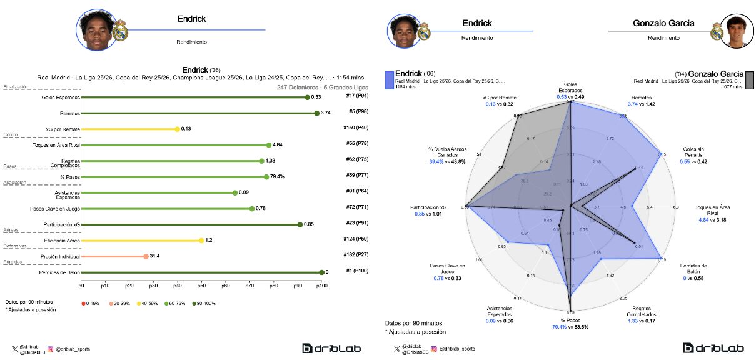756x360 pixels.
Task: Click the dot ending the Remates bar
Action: pyautogui.click(x=317, y=113)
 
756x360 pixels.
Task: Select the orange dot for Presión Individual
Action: pyautogui.click(x=146, y=256)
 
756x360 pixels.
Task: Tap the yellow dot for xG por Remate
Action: pyautogui.click(x=177, y=129)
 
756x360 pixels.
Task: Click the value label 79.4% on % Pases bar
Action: pyautogui.click(x=278, y=177)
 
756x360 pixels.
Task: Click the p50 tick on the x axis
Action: pyautogui.click(x=201, y=285)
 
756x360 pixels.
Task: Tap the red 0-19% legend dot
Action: pyautogui.click(x=84, y=304)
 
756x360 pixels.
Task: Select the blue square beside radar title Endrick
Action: pyautogui.click(x=390, y=79)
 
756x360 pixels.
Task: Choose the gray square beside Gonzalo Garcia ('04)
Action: pyautogui.click(x=749, y=80)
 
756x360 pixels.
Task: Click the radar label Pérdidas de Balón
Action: pyautogui.click(x=694, y=269)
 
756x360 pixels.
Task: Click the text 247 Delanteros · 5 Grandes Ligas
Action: pyautogui.click(x=322, y=88)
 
